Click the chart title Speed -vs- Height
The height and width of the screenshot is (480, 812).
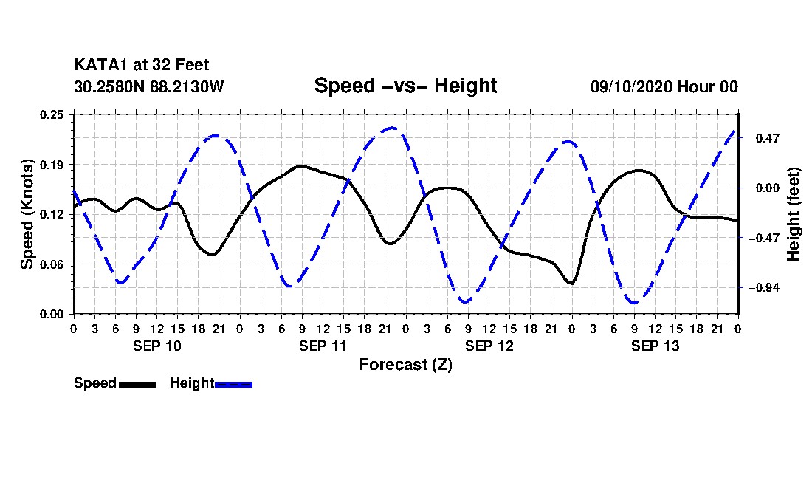tap(405, 86)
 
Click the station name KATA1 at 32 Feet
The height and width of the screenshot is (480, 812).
tap(142, 65)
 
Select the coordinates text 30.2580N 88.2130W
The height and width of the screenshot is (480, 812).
tap(149, 86)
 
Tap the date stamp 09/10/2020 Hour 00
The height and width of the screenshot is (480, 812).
tap(664, 86)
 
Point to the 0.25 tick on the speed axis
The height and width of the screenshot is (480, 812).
tap(52, 114)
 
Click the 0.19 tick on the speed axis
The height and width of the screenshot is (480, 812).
tap(52, 165)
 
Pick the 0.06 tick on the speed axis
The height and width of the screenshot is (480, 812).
tap(52, 264)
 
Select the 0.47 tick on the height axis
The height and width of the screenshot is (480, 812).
tap(768, 138)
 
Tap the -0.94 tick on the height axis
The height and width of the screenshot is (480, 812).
tap(764, 288)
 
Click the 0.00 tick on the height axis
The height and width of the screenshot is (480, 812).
tap(768, 188)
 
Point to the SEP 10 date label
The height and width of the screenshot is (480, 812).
tap(157, 346)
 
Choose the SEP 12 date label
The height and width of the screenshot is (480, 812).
tap(489, 346)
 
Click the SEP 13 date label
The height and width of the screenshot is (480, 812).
tap(655, 346)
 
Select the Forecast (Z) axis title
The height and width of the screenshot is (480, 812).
tap(406, 365)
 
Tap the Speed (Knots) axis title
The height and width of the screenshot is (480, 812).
tap(27, 214)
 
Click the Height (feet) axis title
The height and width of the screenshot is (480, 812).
tap(794, 214)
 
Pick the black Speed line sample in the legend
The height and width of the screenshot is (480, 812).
tap(137, 384)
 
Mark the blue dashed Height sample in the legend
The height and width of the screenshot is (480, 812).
tap(233, 384)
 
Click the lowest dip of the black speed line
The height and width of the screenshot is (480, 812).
tap(571, 284)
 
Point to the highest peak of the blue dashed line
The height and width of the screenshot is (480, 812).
tap(393, 128)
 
